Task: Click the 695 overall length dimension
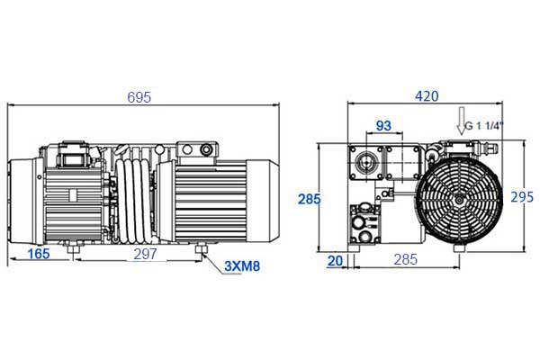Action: (139, 97)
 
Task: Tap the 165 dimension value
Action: (39, 254)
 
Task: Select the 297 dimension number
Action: (145, 254)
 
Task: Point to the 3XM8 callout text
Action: (242, 266)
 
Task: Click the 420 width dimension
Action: (427, 96)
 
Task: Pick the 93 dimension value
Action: (383, 126)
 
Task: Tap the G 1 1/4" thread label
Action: (484, 126)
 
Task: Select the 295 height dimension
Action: (522, 197)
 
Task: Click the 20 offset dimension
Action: (335, 261)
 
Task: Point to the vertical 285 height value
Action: (310, 200)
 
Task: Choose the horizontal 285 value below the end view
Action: (406, 260)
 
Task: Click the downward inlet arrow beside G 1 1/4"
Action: (461, 121)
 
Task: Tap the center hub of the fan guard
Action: (459, 200)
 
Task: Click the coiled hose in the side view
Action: (134, 202)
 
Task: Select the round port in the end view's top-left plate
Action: (365, 162)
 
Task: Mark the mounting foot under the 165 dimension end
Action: (73, 248)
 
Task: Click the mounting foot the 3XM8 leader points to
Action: (201, 248)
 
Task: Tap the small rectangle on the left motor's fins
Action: (73, 195)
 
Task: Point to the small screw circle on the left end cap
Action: (40, 177)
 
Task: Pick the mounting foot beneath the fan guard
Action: (459, 247)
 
